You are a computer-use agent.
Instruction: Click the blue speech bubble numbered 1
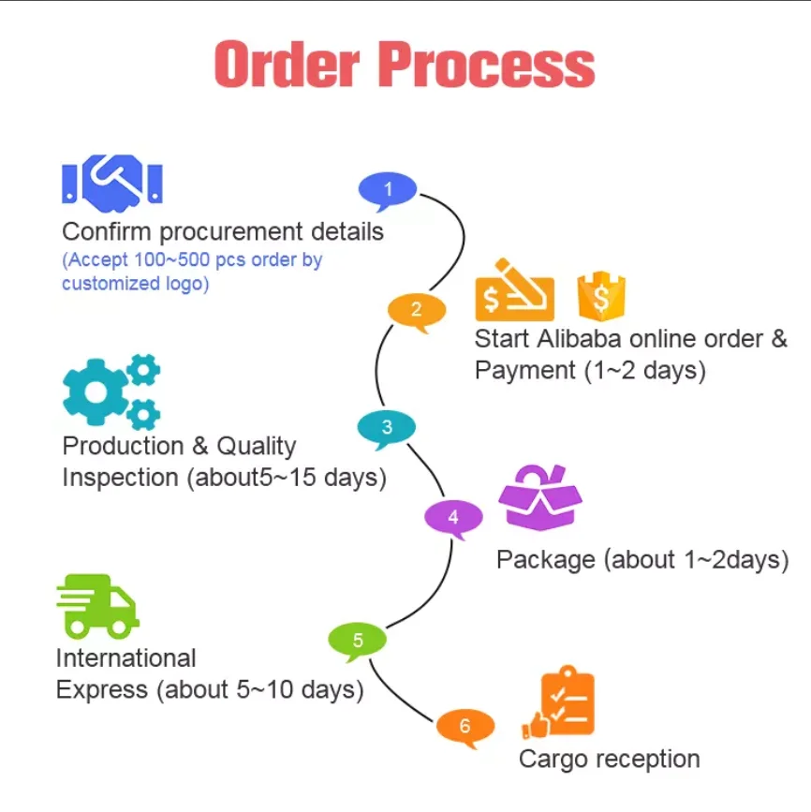tap(388, 190)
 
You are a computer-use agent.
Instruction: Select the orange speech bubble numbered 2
tap(416, 310)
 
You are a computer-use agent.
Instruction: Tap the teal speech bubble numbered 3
tap(387, 428)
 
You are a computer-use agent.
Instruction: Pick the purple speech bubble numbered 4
tap(453, 517)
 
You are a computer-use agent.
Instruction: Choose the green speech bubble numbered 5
tap(357, 641)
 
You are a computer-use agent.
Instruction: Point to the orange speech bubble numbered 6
tap(464, 725)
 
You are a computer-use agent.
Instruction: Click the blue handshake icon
tap(112, 180)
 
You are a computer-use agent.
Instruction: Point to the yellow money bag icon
tap(601, 295)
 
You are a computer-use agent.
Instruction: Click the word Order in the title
tap(286, 65)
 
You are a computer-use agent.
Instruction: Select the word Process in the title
tap(488, 65)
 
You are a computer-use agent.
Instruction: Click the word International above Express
tap(126, 657)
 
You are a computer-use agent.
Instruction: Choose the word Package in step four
tap(545, 559)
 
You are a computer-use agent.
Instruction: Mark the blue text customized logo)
tap(135, 283)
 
